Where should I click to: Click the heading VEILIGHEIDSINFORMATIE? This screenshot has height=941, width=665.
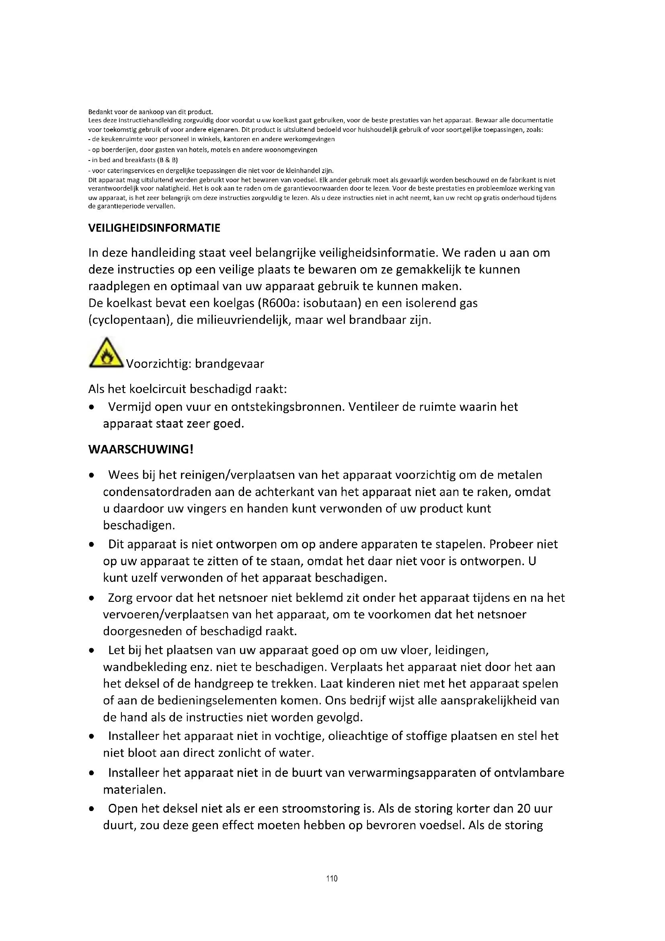tap(154, 228)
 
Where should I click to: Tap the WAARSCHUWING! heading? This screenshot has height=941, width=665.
tap(140, 449)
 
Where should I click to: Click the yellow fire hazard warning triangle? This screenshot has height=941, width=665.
tap(106, 353)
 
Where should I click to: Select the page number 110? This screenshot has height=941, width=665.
tap(332, 878)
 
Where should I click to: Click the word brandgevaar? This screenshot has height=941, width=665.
tap(229, 364)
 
